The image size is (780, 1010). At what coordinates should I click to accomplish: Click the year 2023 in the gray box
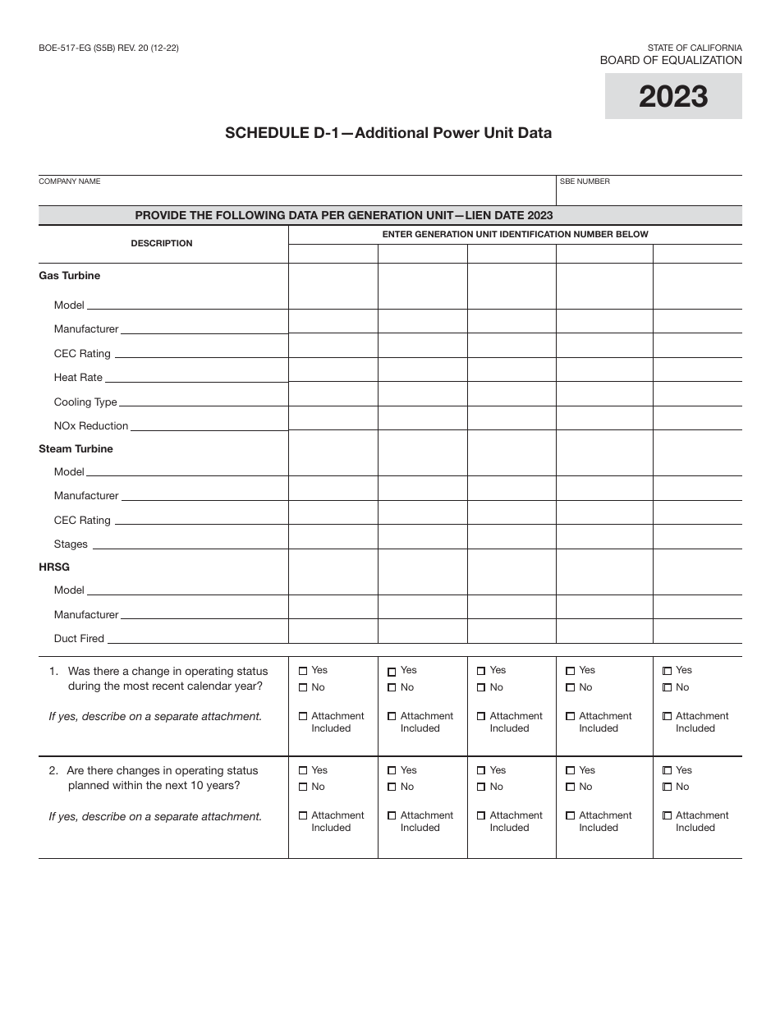click(672, 97)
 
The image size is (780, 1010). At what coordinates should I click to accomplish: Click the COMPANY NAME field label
click(70, 181)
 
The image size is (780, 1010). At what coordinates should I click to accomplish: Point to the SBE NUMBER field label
click(585, 181)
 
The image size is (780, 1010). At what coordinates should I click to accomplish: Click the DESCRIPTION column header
click(162, 244)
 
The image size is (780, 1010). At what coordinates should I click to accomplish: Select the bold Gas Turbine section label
click(70, 276)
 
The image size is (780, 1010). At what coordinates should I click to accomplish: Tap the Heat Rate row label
click(78, 378)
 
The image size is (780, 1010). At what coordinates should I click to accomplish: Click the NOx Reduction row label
click(91, 426)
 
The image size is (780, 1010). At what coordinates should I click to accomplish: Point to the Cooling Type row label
click(85, 402)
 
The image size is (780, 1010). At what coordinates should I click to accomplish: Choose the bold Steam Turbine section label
click(76, 449)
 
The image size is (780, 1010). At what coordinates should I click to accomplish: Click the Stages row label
click(71, 544)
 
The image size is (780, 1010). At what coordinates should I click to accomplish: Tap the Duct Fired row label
click(79, 639)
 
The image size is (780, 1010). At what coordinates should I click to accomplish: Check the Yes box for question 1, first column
click(303, 671)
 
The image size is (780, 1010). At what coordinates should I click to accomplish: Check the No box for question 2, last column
click(667, 787)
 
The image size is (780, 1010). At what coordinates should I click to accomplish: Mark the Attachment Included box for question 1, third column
click(481, 717)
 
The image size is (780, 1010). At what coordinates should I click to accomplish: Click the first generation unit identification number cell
click(333, 254)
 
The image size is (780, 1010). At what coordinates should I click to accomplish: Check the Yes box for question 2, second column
click(392, 771)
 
